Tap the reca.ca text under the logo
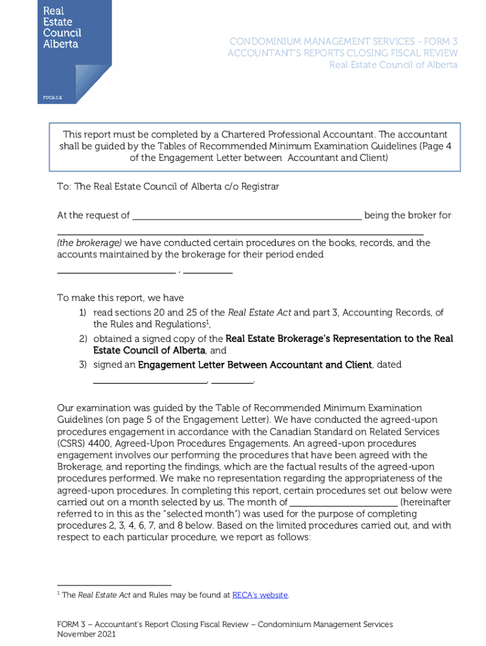point(52,97)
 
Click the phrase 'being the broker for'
point(408,216)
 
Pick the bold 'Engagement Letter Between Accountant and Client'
point(255,365)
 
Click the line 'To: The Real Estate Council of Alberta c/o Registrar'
point(168,187)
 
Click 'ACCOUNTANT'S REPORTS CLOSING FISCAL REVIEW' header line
point(343,54)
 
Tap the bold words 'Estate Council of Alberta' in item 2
point(149,350)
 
